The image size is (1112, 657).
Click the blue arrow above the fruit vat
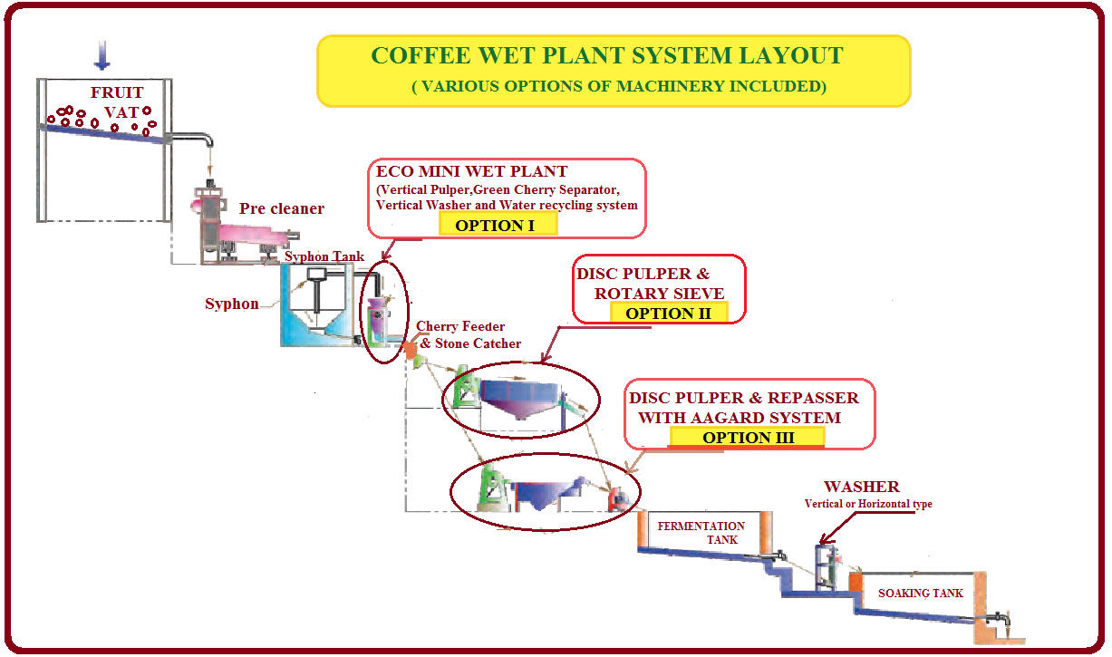click(102, 55)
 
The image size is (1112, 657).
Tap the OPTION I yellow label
click(496, 225)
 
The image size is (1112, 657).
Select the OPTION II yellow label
click(667, 313)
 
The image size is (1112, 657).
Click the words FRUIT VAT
click(117, 102)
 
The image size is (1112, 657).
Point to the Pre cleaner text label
click(281, 208)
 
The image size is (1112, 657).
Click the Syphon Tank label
click(324, 256)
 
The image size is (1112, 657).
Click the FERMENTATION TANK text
click(701, 533)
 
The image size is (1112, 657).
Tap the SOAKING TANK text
click(920, 594)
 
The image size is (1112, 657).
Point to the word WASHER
click(861, 488)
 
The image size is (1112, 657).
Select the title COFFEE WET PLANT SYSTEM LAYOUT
click(606, 55)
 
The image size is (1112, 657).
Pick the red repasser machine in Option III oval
click(620, 496)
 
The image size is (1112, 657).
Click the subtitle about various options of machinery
click(619, 87)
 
